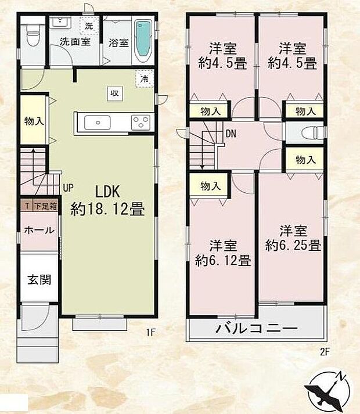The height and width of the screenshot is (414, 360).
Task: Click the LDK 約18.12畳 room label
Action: (x=107, y=200)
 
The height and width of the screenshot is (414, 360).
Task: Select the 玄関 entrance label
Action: (x=39, y=279)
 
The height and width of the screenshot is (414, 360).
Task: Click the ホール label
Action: (x=39, y=230)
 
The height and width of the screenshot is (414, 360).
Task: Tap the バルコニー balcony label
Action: (x=257, y=329)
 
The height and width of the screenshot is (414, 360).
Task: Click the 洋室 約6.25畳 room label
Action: (x=293, y=237)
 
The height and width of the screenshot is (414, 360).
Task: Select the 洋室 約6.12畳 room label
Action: (x=222, y=252)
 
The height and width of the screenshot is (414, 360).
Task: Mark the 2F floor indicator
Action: (x=324, y=351)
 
